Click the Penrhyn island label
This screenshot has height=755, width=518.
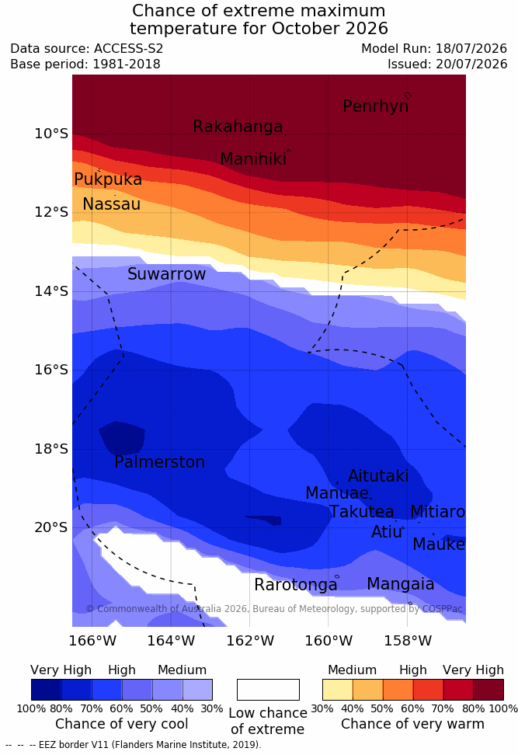coord(376,106)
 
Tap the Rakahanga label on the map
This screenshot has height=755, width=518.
coord(238,127)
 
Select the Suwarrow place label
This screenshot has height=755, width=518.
coord(166,274)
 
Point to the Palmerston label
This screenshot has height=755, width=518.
coord(160,462)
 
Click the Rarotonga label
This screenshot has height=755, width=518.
coord(296,585)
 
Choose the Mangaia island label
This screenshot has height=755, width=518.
coord(401,585)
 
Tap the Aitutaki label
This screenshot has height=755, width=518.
coord(378,476)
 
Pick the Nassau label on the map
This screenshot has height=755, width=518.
coord(112,204)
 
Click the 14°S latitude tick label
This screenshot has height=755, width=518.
coord(51,291)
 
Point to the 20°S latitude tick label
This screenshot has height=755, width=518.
coord(51,527)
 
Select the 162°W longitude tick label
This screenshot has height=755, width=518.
coord(250,642)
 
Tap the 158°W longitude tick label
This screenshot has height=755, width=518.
coord(408,642)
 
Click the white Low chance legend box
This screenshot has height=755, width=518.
coord(268,690)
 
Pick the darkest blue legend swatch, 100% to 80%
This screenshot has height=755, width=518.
coord(47,690)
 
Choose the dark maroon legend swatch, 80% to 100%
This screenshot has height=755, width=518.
coord(488,690)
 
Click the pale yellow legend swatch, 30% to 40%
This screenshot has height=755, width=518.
coord(338,690)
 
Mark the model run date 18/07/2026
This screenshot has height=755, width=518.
coord(471,49)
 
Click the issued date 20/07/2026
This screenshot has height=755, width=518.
coord(471,64)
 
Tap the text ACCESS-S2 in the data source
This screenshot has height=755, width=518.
coord(129,49)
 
